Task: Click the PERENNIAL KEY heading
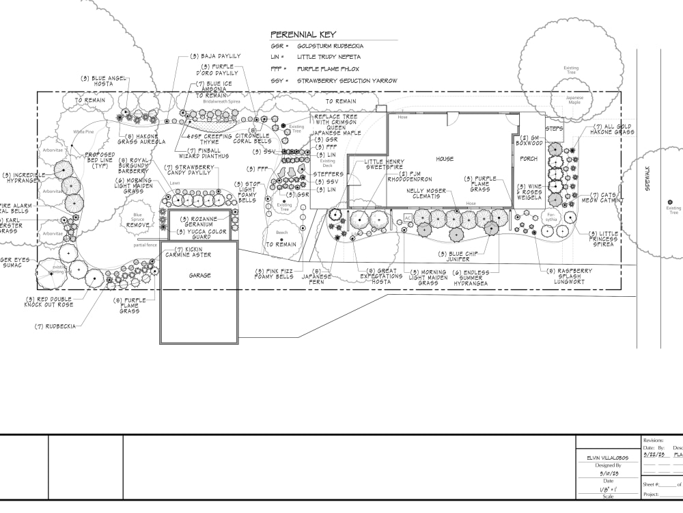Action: (303, 34)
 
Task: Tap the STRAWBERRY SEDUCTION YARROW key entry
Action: (347, 81)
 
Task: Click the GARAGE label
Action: (199, 275)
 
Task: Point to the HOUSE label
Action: (445, 159)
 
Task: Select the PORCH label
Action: (529, 159)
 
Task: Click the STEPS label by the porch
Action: (553, 127)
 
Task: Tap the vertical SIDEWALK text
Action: (647, 181)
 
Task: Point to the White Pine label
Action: (83, 131)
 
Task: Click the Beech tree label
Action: (281, 233)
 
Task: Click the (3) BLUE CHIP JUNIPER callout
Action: (469, 256)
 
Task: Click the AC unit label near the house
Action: (407, 218)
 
